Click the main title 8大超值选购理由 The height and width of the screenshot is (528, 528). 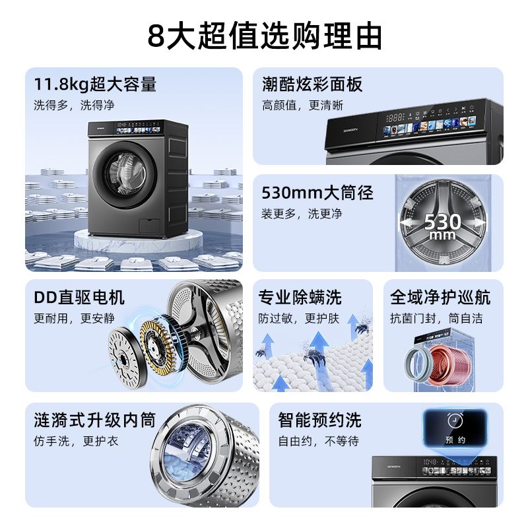[264, 36]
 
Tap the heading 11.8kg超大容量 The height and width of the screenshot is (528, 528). [95, 84]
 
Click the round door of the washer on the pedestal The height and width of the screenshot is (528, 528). [123, 173]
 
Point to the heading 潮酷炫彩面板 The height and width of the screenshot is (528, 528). [312, 84]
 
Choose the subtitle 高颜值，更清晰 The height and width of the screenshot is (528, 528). [303, 106]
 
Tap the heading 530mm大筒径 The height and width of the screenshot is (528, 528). [317, 193]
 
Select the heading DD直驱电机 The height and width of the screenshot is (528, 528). [79, 298]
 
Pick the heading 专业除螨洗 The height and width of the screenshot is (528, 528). [300, 298]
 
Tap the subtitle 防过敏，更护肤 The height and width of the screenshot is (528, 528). [299, 318]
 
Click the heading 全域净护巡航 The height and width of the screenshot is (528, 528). [445, 298]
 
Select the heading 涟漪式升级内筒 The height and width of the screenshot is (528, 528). [95, 420]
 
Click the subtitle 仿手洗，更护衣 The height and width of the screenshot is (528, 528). [76, 441]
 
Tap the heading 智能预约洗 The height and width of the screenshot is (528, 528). [320, 420]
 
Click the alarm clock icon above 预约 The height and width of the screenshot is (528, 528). [453, 420]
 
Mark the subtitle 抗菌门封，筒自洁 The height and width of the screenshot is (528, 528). [445, 318]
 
